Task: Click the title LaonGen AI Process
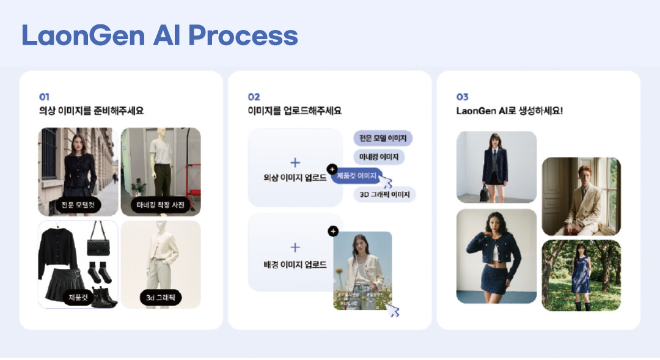coord(159,35)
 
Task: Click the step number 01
coord(44,97)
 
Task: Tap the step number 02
coord(254,97)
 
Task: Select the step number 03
coord(463,97)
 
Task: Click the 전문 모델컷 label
coord(78,205)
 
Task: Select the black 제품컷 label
coord(78,298)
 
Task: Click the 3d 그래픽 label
coord(161,298)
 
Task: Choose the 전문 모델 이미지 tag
coord(383,138)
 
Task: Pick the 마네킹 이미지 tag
coord(379,157)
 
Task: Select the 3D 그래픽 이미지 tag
coord(384,195)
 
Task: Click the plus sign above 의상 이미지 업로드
coord(295,163)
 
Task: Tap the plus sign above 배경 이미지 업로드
coord(295,248)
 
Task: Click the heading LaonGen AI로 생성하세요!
coord(509,111)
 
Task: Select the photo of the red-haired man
coord(581,196)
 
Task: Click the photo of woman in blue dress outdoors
coord(581,275)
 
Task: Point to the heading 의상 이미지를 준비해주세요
coord(91,111)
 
